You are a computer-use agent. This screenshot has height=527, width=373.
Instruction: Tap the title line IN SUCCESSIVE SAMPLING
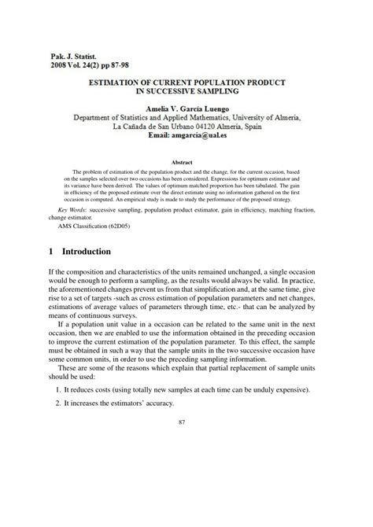tap(186, 91)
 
